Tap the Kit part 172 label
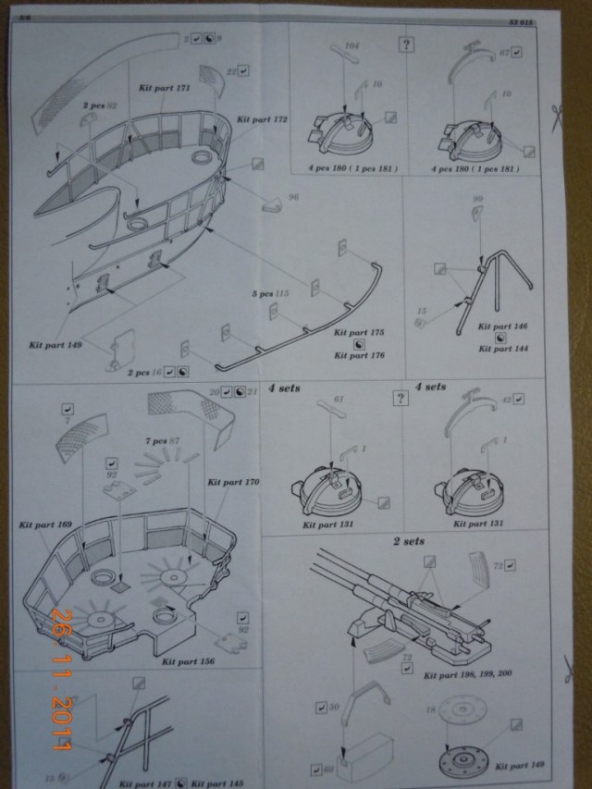click(263, 120)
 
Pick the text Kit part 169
click(44, 524)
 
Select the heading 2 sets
click(409, 540)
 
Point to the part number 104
click(351, 45)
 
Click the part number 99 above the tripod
click(478, 199)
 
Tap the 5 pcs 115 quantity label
click(275, 293)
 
